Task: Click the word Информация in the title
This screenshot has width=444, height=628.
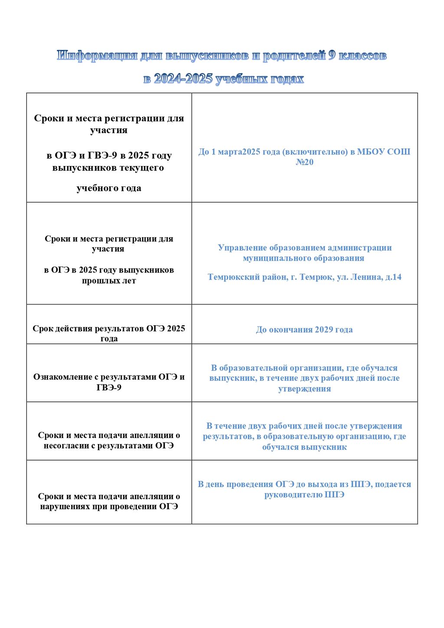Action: pos(97,56)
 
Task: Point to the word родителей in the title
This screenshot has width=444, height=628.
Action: pos(294,56)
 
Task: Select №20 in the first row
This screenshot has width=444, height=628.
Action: pos(304,162)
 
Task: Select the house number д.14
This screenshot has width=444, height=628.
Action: pos(393,277)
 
